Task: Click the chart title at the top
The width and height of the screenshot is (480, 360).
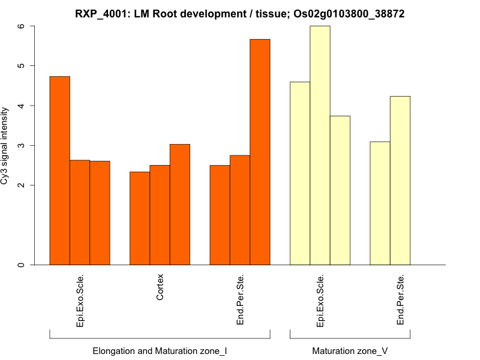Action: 239,13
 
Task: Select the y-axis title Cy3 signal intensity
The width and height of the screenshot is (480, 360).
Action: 5,146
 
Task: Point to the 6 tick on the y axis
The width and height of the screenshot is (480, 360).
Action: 22,26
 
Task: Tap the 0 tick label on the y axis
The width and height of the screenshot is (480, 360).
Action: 22,265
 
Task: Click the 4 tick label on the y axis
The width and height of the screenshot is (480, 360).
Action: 22,106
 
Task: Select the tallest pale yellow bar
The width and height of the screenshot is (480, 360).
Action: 320,145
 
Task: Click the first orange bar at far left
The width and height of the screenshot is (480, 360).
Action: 59,170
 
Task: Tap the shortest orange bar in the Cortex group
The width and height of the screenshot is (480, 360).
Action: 140,218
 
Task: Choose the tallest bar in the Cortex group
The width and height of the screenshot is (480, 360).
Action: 180,204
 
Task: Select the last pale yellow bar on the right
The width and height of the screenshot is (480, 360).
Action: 400,180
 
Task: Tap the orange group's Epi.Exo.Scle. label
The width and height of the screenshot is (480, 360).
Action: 80,301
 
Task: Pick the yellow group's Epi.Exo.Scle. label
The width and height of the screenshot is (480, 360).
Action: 320,301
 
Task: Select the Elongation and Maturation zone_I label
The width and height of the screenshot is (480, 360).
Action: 160,350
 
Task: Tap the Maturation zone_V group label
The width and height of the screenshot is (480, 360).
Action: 350,350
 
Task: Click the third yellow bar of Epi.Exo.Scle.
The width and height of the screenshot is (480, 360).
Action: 340,190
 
